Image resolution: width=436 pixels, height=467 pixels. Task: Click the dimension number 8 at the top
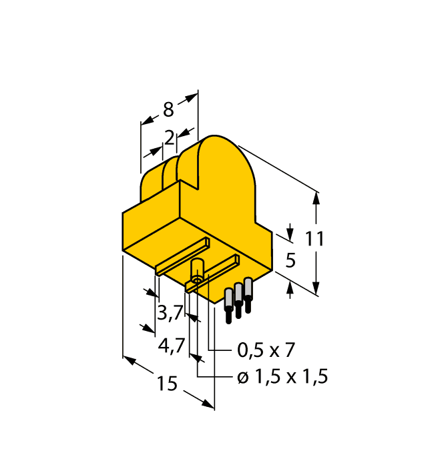(x=168, y=109)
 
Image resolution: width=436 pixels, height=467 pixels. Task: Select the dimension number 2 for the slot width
(x=170, y=138)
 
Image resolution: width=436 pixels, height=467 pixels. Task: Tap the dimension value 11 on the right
(x=314, y=239)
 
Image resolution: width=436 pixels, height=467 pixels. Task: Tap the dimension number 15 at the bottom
(x=167, y=384)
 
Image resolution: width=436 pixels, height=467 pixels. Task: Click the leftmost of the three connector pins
(x=229, y=306)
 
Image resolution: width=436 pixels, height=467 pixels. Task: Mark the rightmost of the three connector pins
(x=248, y=293)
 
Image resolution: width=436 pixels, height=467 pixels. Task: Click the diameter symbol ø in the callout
(x=242, y=378)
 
